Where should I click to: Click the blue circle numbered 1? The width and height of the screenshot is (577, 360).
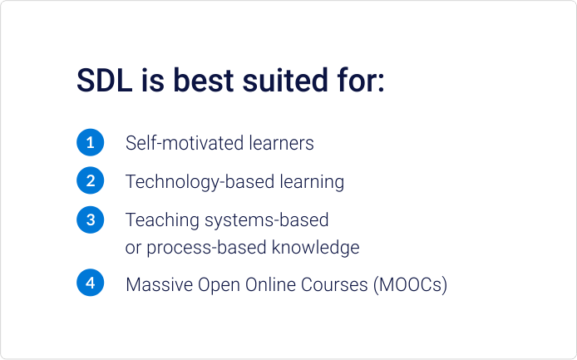[90, 142]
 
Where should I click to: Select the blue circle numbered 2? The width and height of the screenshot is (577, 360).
[90, 180]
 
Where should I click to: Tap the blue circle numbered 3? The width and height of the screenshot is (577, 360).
[90, 220]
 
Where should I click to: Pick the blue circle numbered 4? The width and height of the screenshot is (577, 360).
[90, 284]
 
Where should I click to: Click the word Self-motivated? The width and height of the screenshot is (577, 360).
[185, 143]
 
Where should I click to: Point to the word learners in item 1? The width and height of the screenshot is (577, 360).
[282, 143]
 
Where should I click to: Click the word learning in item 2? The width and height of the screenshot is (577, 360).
[311, 182]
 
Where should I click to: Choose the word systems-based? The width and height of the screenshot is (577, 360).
[266, 220]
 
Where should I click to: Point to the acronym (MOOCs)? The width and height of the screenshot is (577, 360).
[411, 284]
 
